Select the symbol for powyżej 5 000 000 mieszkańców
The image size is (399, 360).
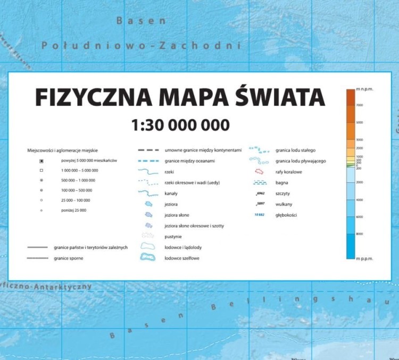tap(40, 160)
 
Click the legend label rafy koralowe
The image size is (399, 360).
tap(290, 171)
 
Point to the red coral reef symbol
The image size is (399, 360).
tap(260, 172)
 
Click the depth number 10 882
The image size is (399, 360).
tap(259, 215)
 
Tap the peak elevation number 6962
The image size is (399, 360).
tap(260, 194)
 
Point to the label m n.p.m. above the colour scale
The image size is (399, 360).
tap(364, 88)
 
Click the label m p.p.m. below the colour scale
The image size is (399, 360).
tap(364, 258)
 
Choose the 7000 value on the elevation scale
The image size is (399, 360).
tap(359, 105)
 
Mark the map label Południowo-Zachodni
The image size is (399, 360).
tap(142, 46)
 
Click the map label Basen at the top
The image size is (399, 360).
tap(141, 21)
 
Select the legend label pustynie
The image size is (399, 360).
tap(174, 236)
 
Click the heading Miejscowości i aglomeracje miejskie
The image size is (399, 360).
tap(66, 150)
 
